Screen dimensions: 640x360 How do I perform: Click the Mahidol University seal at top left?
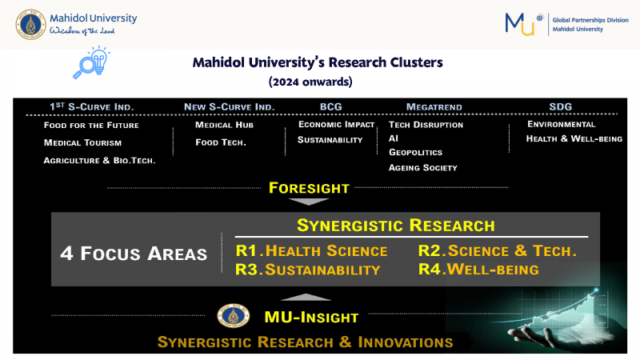coord(30,25)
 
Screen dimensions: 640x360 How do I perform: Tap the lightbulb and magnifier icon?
coord(91,62)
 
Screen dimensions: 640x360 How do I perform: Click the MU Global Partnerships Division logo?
coord(566,24)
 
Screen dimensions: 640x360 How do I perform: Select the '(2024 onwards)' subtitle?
coord(310,82)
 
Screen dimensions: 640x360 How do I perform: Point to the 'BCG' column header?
coord(331,107)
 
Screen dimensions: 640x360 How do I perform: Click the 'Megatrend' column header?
coord(434,107)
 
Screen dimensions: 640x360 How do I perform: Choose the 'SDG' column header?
coord(561,107)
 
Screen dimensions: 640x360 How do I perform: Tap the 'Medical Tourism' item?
coord(82,143)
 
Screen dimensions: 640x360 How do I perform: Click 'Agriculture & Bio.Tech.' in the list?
coord(99,161)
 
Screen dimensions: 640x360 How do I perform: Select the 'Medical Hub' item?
coord(224,125)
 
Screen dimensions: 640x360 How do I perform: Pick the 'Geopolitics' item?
coord(415,152)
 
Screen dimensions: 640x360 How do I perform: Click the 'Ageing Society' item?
coord(423,167)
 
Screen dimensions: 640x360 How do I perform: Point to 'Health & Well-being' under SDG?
coord(574,138)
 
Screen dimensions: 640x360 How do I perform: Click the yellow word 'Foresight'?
coord(309,188)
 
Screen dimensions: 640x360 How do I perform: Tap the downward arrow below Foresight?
coord(309,202)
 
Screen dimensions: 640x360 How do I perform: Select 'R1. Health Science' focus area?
coord(311,250)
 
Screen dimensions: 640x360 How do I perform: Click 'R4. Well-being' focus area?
coord(478,270)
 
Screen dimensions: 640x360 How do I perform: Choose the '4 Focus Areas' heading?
coord(134,254)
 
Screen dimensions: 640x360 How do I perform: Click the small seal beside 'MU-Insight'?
coord(233,315)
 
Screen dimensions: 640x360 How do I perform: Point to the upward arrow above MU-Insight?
coord(306,298)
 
